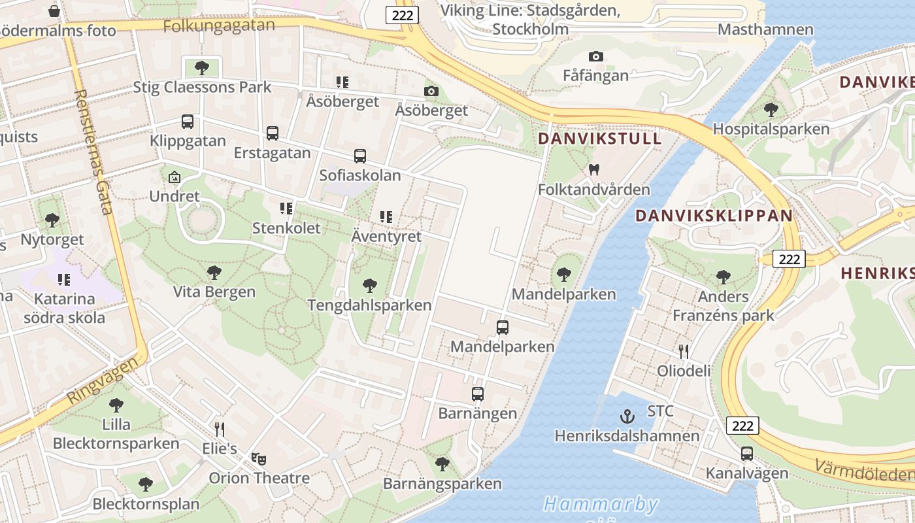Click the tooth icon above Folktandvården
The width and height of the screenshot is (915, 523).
[x=594, y=169]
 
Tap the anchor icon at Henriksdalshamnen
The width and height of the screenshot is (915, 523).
[x=627, y=416]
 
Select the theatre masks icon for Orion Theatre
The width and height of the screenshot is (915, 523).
[x=259, y=459]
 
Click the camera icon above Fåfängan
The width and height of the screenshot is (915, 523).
[x=595, y=57]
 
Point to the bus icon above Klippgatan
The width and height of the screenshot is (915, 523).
[x=188, y=122]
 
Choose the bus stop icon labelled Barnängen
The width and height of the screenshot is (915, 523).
[x=478, y=394]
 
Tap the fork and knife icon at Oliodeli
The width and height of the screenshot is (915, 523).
[x=684, y=352]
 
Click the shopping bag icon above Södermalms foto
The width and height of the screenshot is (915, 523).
[x=54, y=11]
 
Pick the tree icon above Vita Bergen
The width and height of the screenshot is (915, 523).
[x=214, y=273]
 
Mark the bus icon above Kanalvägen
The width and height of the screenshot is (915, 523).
[x=747, y=454]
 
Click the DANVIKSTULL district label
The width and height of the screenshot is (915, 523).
[x=600, y=139]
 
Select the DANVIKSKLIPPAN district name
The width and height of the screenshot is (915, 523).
[x=714, y=215]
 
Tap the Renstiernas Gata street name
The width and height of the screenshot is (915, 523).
[x=94, y=152]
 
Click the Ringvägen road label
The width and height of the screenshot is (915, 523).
[x=103, y=379]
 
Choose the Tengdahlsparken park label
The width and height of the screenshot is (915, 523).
[x=369, y=305]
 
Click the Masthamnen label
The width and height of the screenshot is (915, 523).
[x=765, y=29]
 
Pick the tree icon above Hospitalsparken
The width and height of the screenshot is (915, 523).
[x=771, y=109]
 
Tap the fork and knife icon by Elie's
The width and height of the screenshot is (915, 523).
[x=220, y=430]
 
